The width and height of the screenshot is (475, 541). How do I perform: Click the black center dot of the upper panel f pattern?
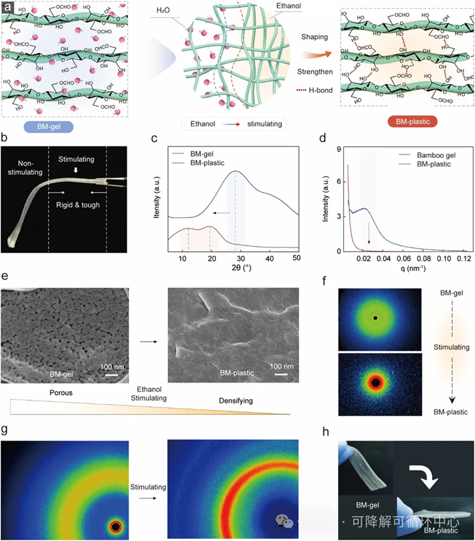tap(375, 319)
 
